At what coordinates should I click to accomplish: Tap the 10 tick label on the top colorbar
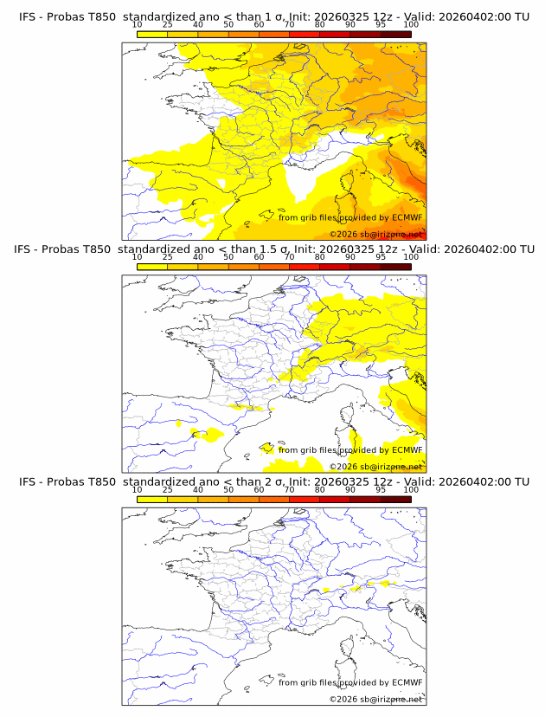pos(138,25)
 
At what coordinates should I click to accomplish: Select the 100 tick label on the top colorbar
pos(411,25)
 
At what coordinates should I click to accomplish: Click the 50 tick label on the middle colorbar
pos(228,257)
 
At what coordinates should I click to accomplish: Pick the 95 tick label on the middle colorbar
pos(381,257)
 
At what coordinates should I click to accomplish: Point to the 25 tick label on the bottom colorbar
pos(168,490)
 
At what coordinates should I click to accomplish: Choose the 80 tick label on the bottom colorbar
pos(320,490)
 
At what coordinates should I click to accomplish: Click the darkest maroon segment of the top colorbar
pos(395,35)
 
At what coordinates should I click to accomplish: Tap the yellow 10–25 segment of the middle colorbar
pos(152,267)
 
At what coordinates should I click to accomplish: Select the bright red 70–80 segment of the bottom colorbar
pos(305,500)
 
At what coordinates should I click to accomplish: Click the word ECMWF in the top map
pos(407,218)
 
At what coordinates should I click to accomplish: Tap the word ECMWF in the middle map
pos(407,450)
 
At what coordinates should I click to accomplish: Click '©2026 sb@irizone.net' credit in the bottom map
pos(375,699)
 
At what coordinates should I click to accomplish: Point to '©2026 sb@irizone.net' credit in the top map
pos(375,234)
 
